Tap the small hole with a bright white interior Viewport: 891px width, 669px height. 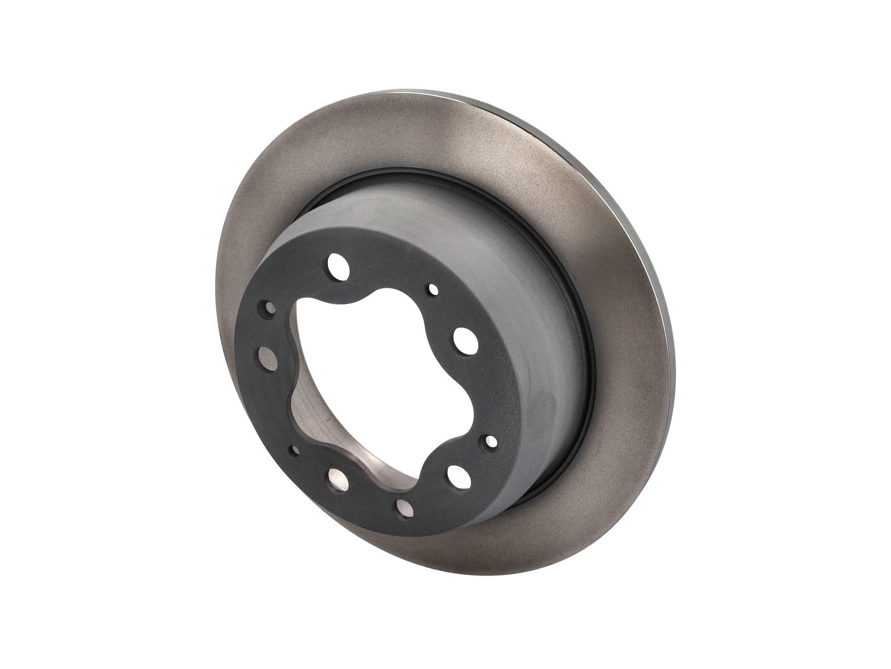[491, 440]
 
